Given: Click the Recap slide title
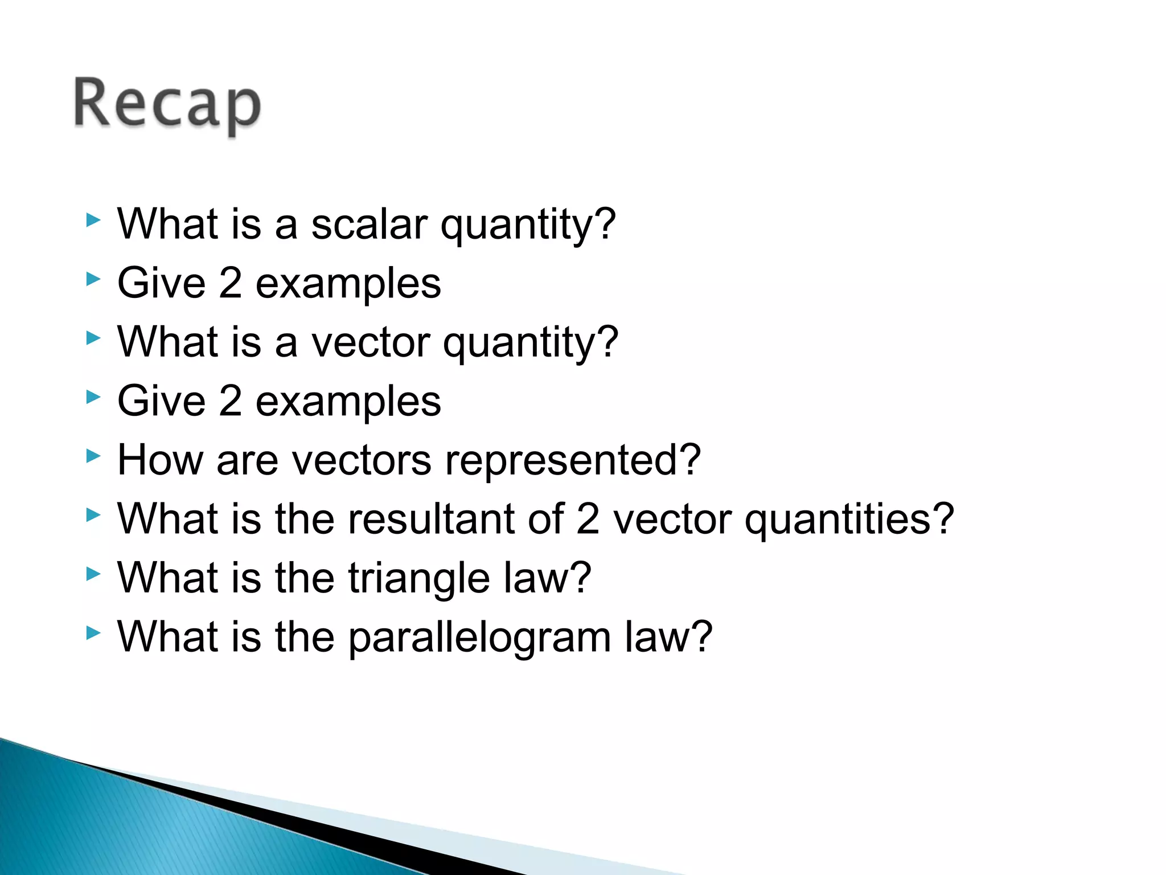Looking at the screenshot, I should click(167, 105).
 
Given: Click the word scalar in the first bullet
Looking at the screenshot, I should click(369, 224).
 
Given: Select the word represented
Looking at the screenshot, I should click(572, 460).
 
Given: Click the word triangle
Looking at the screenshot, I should click(419, 578).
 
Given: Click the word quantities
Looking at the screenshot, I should click(848, 519).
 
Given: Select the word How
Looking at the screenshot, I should click(160, 460).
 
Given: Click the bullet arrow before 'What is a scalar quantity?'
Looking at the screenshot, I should click(93, 220).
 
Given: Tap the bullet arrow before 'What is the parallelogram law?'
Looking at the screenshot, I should click(93, 632).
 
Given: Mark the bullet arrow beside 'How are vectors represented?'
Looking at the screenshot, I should click(93, 456).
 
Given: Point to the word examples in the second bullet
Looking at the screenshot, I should click(348, 284).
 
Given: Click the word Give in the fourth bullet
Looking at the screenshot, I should click(161, 401).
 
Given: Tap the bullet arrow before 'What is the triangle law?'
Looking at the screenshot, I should click(93, 574).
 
